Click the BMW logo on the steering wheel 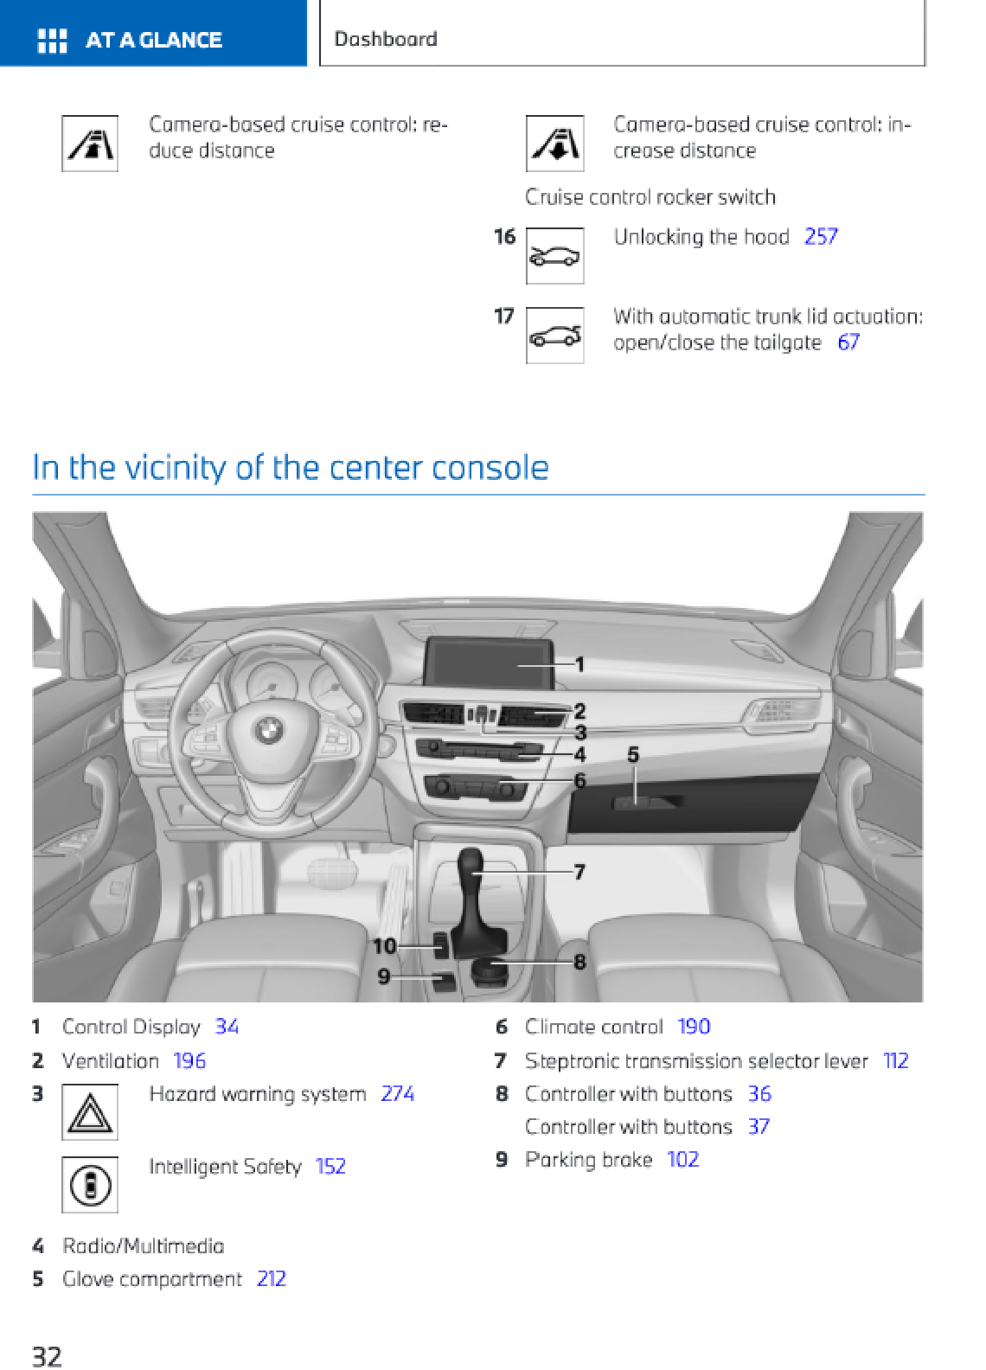click(267, 730)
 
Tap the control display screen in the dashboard click(489, 664)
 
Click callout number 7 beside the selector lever click(579, 872)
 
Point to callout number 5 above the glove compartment click(633, 755)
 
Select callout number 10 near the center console click(384, 946)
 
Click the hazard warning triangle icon click(90, 1112)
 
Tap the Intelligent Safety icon click(90, 1185)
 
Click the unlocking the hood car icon click(554, 256)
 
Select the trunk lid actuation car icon click(554, 336)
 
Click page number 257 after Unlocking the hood click(820, 237)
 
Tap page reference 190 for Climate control click(694, 1027)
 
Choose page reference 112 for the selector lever click(895, 1061)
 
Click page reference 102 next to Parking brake click(682, 1160)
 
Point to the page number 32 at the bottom click(47, 1355)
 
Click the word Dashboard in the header click(386, 39)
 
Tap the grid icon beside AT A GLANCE click(52, 40)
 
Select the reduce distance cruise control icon click(90, 144)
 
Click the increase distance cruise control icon click(554, 144)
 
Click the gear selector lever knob click(471, 861)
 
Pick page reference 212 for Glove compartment click(271, 1279)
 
